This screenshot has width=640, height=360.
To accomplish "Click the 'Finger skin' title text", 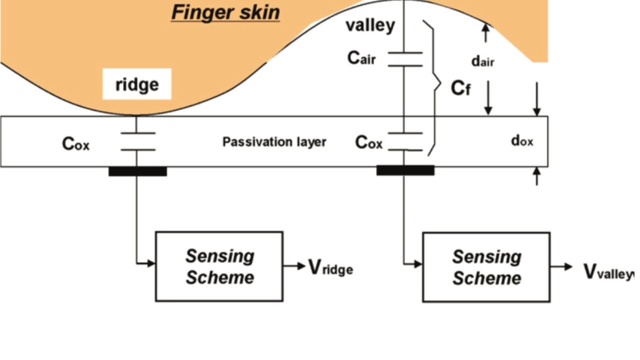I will coord(225,12).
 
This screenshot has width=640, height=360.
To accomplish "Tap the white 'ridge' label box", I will coord(137,84).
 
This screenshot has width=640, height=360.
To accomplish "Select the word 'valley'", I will coord(370,25).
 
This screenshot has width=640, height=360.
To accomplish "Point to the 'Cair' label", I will coord(361,58).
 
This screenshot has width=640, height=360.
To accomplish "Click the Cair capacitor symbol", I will coord(405,58).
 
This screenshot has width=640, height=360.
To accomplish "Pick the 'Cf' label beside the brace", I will coord(460,88).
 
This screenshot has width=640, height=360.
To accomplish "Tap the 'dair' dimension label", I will coord(482,61).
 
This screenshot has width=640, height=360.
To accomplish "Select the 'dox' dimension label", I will coord(522,141).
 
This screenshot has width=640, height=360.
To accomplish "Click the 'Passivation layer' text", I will coord(274,142).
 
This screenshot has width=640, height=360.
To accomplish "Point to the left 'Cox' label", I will coord(76,144).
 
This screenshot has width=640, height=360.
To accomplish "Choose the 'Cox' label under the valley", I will coord(368,142).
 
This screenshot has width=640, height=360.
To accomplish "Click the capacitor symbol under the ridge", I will coord(137,141).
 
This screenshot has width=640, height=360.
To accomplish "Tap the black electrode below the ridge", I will coord(137,171).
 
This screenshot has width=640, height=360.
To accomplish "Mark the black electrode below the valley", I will coord(405,170).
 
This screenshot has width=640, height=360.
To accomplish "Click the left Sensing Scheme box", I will coord(219,266).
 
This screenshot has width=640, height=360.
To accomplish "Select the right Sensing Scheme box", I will coord(486,267).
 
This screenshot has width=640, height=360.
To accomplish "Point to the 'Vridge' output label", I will coord(330,268).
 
